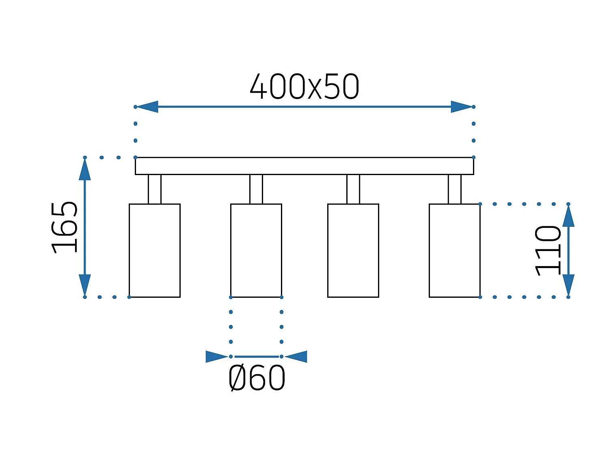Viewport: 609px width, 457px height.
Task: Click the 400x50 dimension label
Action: point(304,87)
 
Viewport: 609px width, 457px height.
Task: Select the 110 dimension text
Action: point(547,251)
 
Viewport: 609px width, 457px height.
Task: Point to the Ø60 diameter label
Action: point(257,378)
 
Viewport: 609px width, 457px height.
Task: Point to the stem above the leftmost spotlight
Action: point(155,189)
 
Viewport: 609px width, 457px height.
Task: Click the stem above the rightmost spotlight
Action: point(455,189)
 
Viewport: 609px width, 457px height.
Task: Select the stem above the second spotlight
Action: point(256,189)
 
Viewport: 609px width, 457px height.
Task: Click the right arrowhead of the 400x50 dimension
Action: point(462,106)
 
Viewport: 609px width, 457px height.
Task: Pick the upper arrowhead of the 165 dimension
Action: point(84,169)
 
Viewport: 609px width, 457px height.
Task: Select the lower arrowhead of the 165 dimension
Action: point(84,285)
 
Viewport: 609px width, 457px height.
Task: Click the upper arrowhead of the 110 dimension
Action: point(568,216)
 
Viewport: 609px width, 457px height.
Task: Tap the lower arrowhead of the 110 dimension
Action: point(568,285)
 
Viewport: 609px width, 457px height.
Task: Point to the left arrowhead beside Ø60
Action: point(217,357)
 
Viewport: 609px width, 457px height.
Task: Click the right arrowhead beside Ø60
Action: point(296,357)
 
